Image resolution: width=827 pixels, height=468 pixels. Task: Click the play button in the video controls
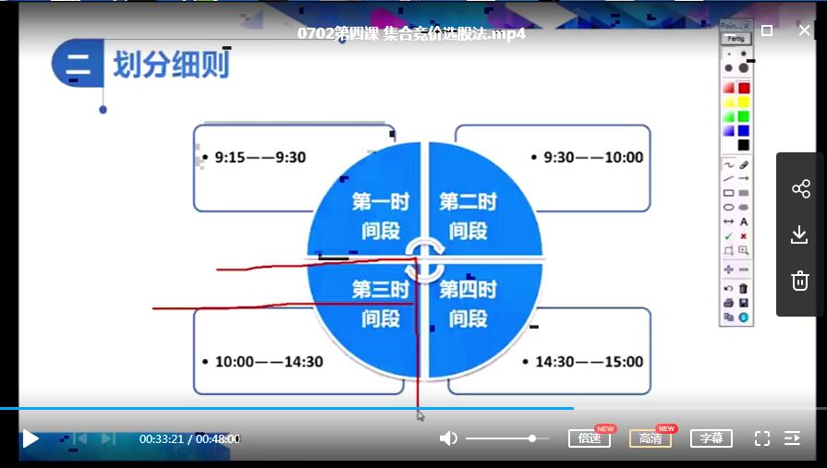30,438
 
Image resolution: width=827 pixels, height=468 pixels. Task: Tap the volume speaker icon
448,438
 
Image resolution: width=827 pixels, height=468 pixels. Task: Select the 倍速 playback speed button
590,438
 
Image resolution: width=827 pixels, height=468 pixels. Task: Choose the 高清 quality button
651,438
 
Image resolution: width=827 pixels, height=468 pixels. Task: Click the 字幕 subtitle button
711,438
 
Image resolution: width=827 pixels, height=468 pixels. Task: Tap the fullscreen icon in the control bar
761,438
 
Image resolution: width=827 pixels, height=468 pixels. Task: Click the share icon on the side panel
800,188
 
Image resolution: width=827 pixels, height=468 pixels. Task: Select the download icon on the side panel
799,235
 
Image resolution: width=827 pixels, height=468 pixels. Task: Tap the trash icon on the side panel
800,281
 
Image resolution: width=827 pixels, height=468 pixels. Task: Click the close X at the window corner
804,30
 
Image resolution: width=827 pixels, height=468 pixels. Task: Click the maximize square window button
767,30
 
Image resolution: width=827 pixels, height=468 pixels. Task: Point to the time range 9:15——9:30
260,157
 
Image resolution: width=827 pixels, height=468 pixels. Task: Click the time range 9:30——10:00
593,157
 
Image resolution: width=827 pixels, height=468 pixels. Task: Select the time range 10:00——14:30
269,362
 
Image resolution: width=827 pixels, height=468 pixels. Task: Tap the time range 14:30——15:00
590,362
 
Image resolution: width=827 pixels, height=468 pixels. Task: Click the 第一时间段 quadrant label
381,216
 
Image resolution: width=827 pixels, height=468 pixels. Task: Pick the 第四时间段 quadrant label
468,304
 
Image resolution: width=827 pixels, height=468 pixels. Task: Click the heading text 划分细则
172,65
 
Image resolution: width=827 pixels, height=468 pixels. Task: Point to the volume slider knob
532,438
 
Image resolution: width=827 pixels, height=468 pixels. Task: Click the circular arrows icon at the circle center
424,260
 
